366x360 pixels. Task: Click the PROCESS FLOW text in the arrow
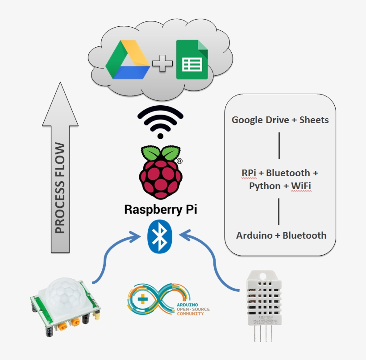60,189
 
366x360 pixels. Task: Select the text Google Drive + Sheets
280,120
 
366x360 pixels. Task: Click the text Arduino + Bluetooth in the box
281,236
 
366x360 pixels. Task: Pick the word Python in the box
264,186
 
